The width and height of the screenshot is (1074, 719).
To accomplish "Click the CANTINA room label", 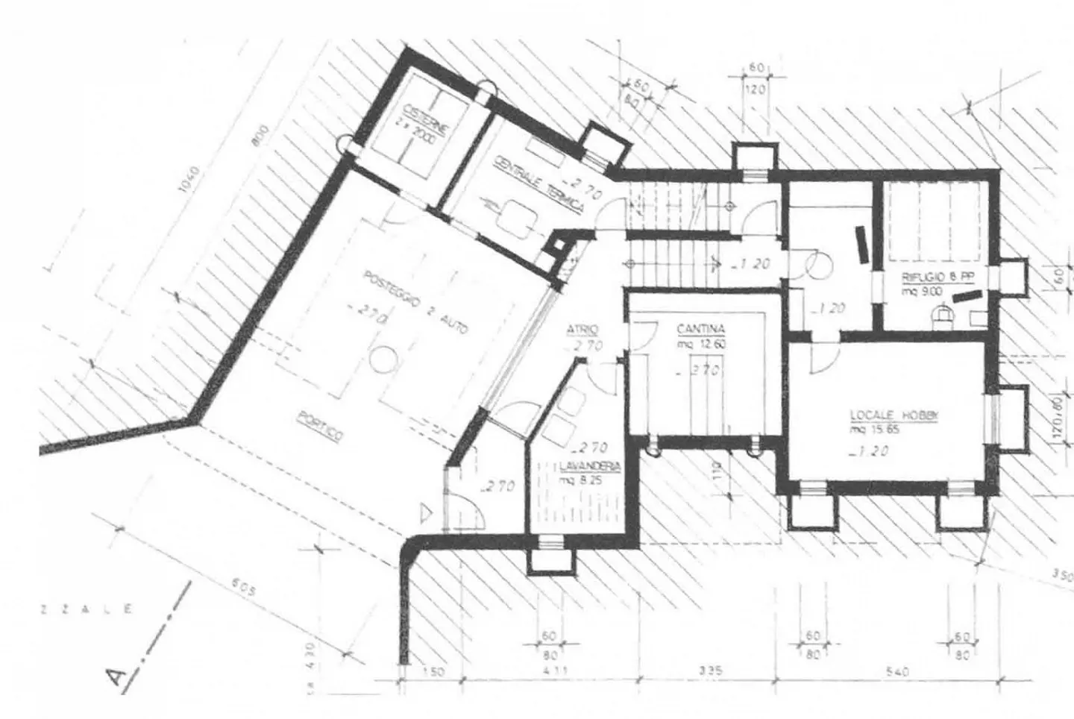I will pos(700,328).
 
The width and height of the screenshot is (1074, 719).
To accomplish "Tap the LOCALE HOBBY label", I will pos(893,416).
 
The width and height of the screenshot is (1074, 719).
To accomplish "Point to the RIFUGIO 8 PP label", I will pos(938,276).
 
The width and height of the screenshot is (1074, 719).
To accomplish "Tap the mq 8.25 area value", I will pos(580,481).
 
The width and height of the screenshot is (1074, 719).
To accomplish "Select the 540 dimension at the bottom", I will pos(897,672).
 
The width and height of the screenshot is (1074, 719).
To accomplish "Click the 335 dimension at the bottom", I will pos(711,671).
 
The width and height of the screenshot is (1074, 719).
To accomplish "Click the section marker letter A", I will pos(116,677).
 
